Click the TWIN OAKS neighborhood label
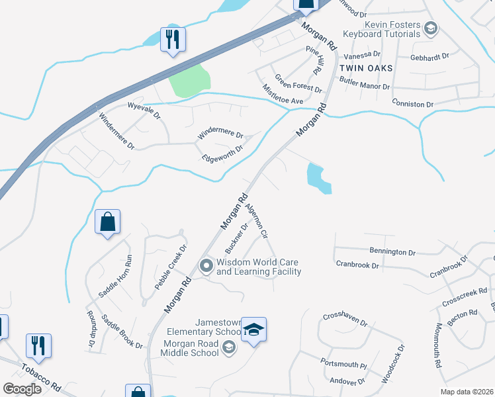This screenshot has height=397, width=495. coord(366,68)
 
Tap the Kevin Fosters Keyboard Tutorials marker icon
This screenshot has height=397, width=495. coord(431,28)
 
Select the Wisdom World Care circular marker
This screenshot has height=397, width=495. coord(206,267)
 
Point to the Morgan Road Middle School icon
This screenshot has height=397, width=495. coord(228,347)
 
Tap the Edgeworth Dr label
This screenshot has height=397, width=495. coord(222,153)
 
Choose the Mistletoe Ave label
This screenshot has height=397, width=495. coord(283,94)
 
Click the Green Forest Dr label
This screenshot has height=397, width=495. coord(298,83)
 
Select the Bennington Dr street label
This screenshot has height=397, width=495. coord(393,252)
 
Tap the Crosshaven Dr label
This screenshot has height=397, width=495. coord(345,319)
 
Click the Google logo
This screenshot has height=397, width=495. coord(22,389)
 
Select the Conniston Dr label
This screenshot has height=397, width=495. coord(412,104)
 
